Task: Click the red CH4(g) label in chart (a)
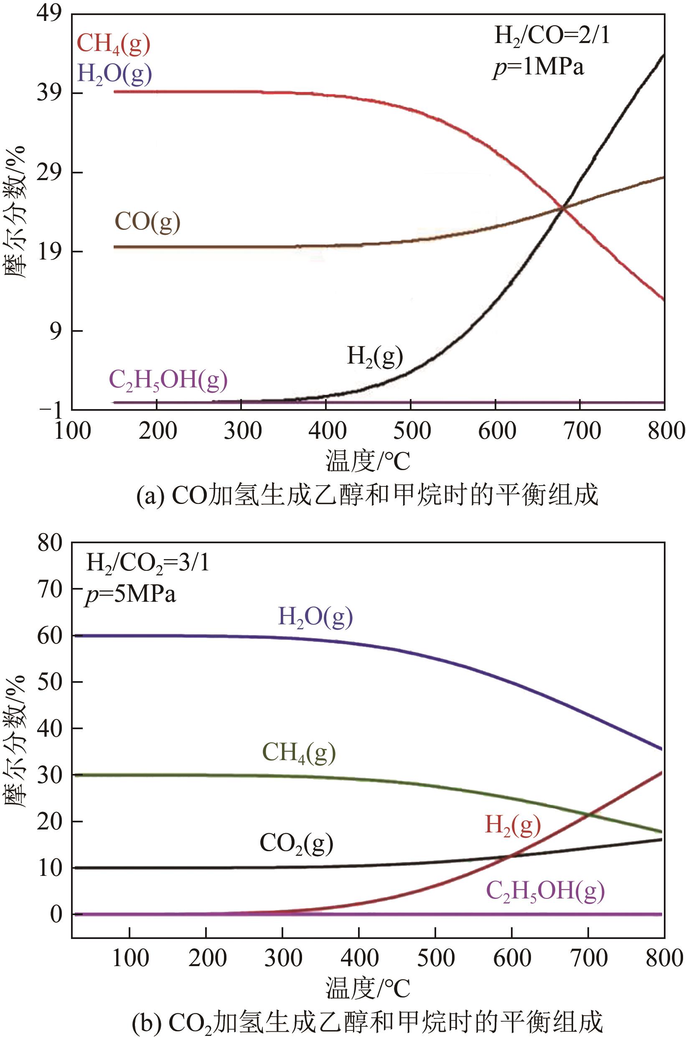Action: click(113, 44)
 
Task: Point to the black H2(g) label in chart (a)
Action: click(374, 356)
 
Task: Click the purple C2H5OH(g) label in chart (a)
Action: click(168, 379)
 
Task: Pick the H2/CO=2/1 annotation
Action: click(552, 35)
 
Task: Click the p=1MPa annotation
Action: click(538, 68)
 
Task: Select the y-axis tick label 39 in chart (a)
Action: click(48, 93)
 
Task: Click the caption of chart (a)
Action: click(367, 496)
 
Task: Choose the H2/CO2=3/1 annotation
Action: click(147, 563)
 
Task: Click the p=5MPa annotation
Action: click(130, 595)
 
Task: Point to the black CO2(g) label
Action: click(296, 843)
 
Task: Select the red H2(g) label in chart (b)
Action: click(513, 825)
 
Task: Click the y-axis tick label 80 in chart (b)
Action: click(50, 544)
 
